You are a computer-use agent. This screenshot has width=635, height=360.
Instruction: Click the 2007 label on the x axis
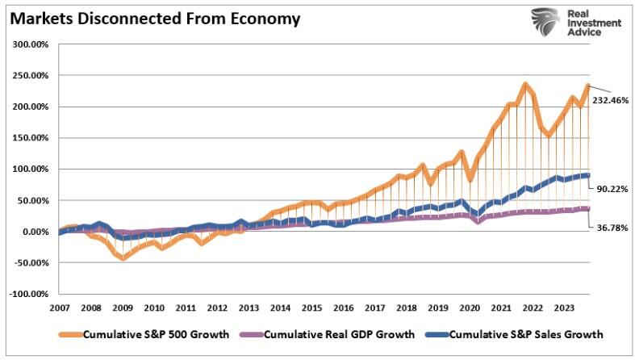click(x=60, y=308)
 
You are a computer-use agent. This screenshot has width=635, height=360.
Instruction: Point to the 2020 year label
click(x=470, y=308)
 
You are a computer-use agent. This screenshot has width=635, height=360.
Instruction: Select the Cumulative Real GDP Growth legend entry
click(x=339, y=334)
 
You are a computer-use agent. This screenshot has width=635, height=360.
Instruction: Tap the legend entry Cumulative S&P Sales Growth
click(x=525, y=334)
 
